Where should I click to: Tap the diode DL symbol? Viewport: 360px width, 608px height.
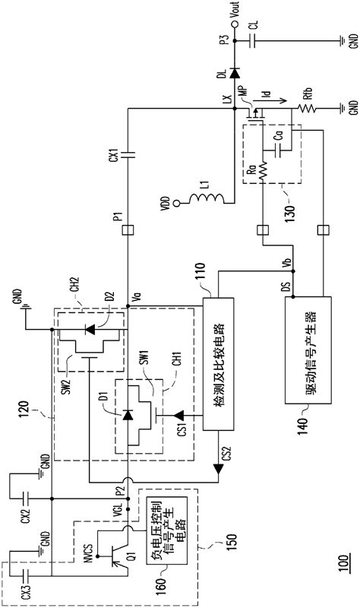pos(234,72)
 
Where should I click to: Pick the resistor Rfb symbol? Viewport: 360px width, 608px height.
pos(307,107)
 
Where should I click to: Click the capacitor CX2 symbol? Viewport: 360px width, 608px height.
pos(26,499)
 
